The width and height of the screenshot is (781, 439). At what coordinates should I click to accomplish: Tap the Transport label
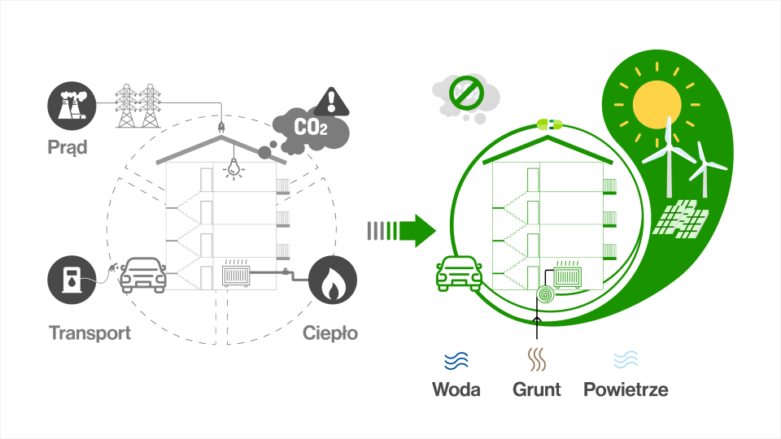(x=89, y=333)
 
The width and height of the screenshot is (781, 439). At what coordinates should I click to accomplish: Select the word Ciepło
(x=330, y=333)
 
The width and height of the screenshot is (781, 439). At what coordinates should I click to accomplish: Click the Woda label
(x=456, y=389)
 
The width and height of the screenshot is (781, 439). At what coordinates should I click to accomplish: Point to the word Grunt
(x=537, y=389)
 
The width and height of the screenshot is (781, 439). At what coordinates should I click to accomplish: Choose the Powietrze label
(x=626, y=389)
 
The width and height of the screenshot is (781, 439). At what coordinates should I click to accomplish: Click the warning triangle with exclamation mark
(x=331, y=102)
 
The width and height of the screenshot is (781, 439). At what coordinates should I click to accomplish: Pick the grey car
(x=143, y=274)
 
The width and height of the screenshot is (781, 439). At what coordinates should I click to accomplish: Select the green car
(x=459, y=274)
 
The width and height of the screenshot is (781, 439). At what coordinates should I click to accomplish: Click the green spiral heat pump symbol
(x=543, y=293)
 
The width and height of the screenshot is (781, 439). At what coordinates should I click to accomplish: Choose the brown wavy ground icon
(x=537, y=359)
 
